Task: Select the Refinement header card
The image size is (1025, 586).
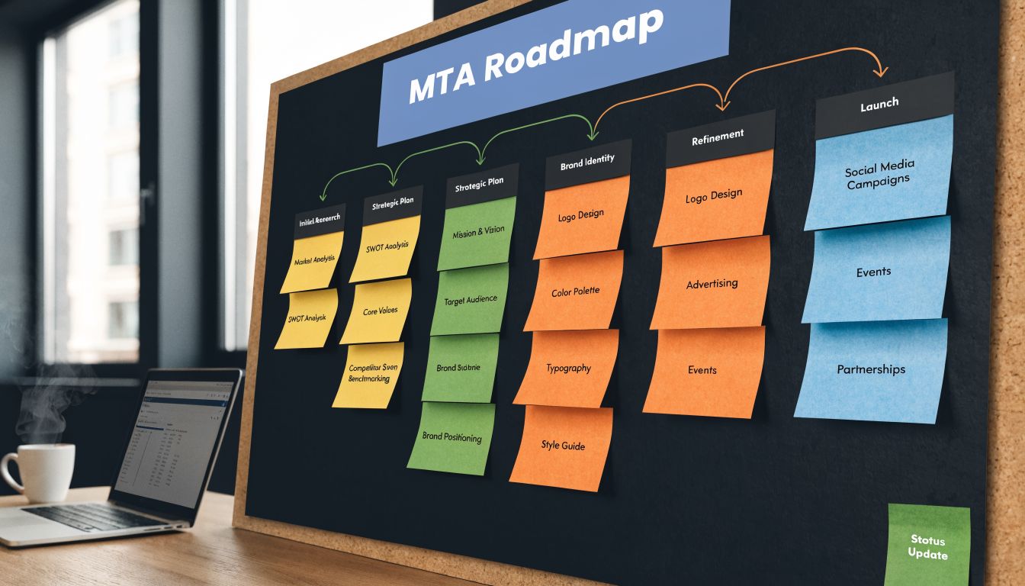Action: tap(719, 138)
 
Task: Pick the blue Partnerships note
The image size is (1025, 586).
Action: tap(871, 371)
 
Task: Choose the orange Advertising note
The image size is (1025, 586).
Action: tap(711, 284)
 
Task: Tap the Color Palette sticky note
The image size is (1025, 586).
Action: tap(575, 291)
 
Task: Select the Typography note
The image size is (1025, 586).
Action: tap(567, 369)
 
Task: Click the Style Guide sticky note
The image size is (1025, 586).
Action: tap(562, 446)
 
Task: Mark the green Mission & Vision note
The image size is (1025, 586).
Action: tap(477, 233)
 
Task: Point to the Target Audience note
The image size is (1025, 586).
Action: tap(470, 300)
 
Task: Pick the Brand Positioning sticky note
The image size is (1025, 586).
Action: tap(451, 438)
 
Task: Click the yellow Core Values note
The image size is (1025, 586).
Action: tap(379, 311)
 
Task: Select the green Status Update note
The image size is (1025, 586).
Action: tap(927, 546)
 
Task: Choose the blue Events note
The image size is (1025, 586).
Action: tap(874, 271)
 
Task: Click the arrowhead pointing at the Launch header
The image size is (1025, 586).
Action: tap(882, 72)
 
